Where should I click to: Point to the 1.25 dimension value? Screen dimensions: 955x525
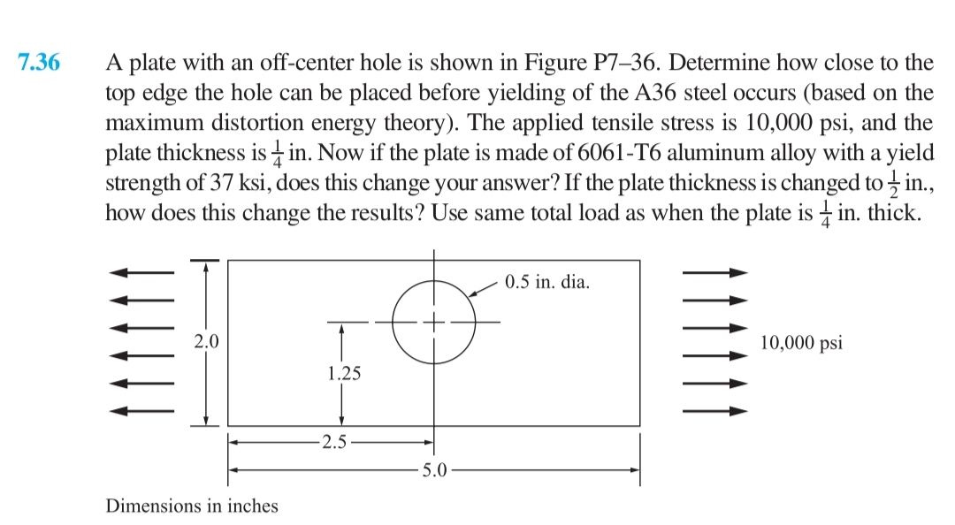pyautogui.click(x=343, y=373)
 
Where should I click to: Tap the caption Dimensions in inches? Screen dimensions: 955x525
pyautogui.click(x=192, y=506)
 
